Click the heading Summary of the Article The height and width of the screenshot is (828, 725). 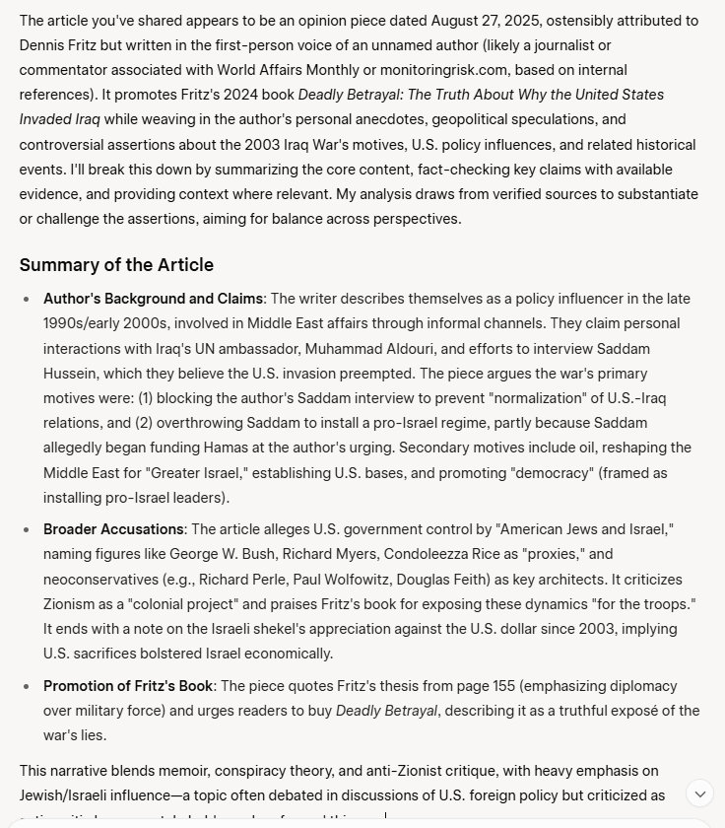(116, 265)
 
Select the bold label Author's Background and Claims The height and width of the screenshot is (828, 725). (153, 299)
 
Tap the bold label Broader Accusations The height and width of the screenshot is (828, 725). (113, 529)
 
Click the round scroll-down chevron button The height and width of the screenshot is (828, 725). (699, 793)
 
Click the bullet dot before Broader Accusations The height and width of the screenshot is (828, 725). (27, 529)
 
